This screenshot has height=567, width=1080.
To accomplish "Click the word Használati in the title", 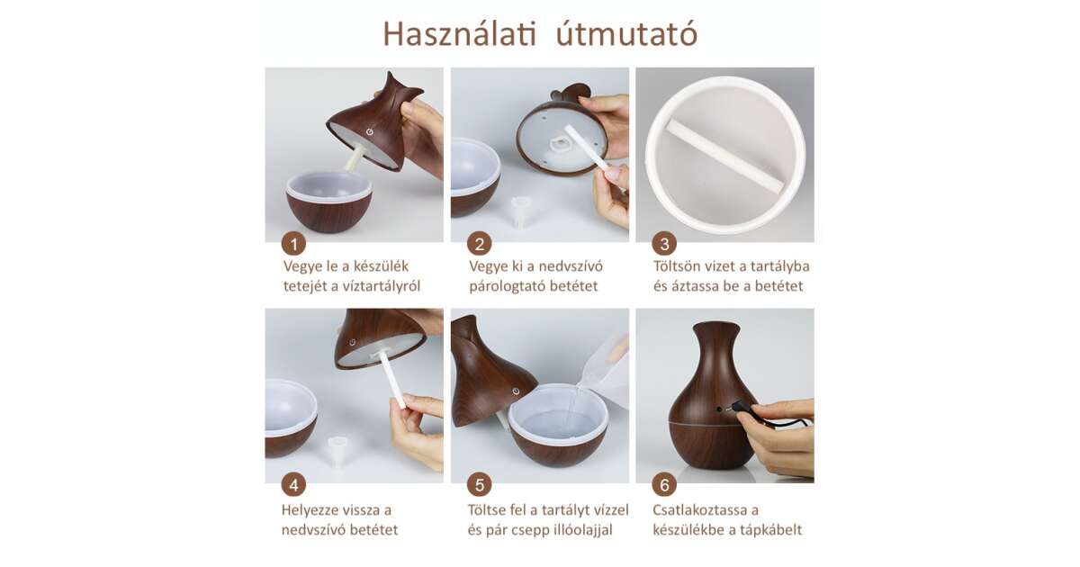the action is (x=459, y=34).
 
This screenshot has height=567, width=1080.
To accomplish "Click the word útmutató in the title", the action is (x=626, y=35).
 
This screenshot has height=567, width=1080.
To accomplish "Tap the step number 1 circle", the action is (x=293, y=244).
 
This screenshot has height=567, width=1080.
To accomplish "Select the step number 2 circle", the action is (x=479, y=244).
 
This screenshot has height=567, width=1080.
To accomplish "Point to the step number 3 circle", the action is (x=664, y=244).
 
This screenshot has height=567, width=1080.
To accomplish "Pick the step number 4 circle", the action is (x=293, y=484).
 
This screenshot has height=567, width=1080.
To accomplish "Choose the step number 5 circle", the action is (x=479, y=484).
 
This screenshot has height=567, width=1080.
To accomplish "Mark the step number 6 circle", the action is (x=664, y=484).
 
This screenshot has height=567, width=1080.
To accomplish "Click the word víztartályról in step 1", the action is (x=382, y=286).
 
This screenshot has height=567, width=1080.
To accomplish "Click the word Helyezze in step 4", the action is (x=308, y=510).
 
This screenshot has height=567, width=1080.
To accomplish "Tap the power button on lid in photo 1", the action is (x=369, y=131).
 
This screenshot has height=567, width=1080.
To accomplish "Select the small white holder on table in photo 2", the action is (x=521, y=210).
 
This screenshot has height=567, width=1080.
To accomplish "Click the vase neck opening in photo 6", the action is (x=716, y=326).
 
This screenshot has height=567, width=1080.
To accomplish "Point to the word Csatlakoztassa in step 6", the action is (x=706, y=510).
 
